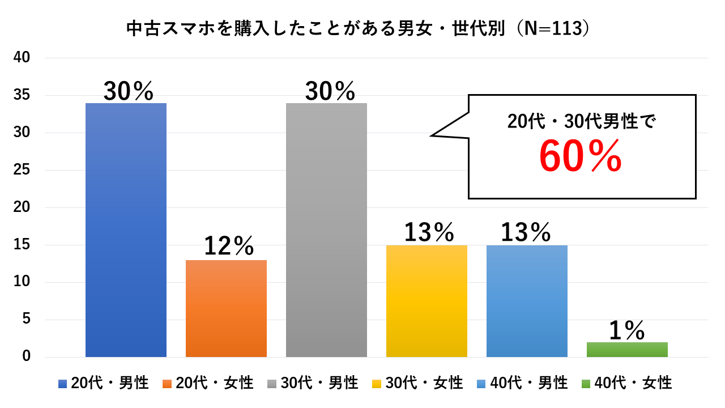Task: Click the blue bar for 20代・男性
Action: click(126, 230)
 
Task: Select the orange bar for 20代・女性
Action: click(226, 308)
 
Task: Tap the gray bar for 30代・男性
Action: click(326, 230)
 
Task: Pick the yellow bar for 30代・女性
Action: click(427, 301)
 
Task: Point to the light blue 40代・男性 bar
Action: click(527, 301)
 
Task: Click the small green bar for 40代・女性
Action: click(627, 350)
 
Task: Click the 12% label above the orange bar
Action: click(229, 246)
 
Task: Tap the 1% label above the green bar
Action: click(627, 330)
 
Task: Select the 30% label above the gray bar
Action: click(330, 91)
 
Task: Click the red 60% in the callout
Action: click(580, 157)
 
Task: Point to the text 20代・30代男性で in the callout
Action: click(581, 121)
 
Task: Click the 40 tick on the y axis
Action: click(22, 58)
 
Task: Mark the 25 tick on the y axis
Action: click(22, 170)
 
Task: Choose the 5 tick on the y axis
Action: click(25, 320)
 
